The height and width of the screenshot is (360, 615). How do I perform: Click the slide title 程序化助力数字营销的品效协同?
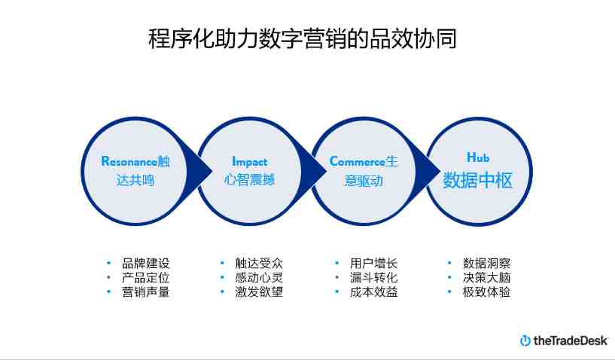click(303, 38)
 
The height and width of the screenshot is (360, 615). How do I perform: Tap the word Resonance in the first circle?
click(129, 161)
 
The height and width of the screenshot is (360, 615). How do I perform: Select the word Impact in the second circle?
click(249, 161)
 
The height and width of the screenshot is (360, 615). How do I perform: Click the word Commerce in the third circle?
click(358, 161)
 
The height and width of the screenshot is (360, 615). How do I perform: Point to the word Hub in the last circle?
click(478, 157)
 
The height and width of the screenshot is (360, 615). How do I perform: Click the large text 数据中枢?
click(478, 181)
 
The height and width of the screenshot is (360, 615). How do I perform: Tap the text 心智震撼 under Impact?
click(249, 180)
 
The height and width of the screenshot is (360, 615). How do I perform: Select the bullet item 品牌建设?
click(145, 263)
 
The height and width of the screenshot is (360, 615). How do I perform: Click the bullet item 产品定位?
click(145, 278)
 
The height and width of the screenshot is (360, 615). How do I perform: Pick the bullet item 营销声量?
click(145, 291)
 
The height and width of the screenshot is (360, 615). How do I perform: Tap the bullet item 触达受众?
click(259, 263)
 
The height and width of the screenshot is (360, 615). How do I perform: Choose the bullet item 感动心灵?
click(259, 278)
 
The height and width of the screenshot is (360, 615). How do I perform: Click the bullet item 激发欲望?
click(259, 291)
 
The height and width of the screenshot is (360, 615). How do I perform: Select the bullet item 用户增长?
click(374, 263)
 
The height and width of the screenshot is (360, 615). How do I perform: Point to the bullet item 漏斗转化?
click(374, 278)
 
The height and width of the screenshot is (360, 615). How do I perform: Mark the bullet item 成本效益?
click(374, 291)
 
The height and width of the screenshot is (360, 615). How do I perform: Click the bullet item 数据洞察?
click(487, 263)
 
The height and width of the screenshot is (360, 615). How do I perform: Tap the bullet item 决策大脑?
click(487, 278)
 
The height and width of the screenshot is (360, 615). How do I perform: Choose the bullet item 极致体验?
click(487, 291)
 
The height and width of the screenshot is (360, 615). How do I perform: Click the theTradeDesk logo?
click(564, 340)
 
